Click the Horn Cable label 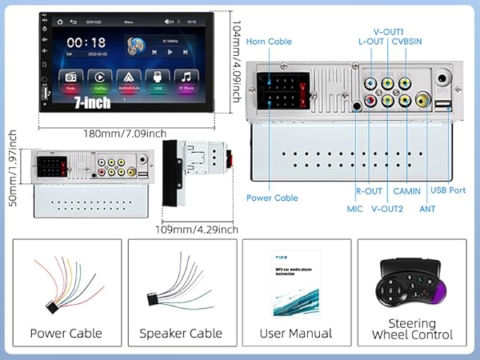(x=269, y=41)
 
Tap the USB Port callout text (x=448, y=190)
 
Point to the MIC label (x=354, y=210)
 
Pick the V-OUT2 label (x=388, y=210)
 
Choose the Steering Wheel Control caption (x=413, y=330)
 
